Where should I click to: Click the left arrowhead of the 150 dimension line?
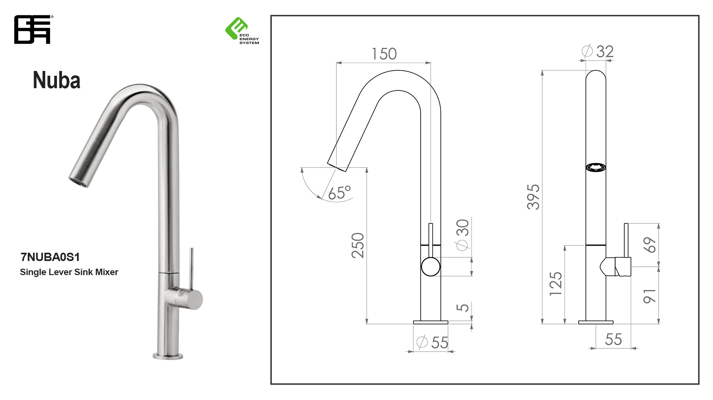[x=339, y=63]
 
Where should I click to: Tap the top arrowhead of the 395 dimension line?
[x=542, y=73]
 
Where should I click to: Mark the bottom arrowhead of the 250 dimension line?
[x=367, y=321]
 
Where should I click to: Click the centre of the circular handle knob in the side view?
[x=431, y=267]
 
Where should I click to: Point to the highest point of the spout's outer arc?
[x=398, y=71]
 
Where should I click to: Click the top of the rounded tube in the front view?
[x=596, y=71]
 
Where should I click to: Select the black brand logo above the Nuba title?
[x=32, y=29]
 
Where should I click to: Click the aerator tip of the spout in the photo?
[x=78, y=182]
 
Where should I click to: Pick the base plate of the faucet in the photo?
[x=168, y=356]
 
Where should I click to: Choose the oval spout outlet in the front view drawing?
[x=596, y=167]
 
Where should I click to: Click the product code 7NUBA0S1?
[x=50, y=257]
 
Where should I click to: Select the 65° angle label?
[x=339, y=193]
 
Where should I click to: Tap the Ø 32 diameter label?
[x=597, y=51]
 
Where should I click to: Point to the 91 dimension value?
[x=649, y=296]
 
